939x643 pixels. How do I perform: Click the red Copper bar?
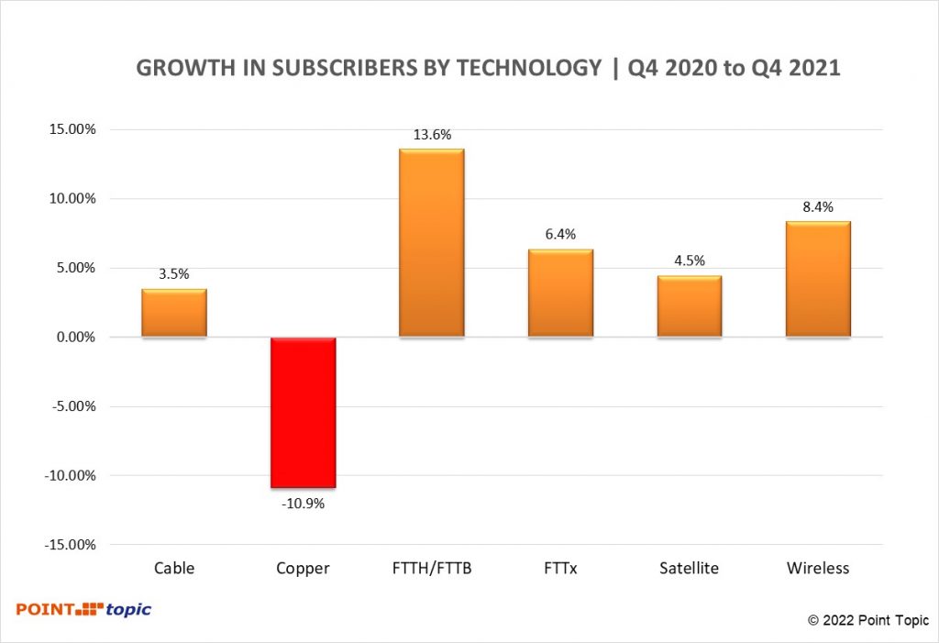coord(303,412)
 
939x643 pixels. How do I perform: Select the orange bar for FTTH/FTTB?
coord(431,243)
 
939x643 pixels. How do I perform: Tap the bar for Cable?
coord(174,314)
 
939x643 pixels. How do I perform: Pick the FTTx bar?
coord(560,294)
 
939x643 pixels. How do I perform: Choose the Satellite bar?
coord(690,306)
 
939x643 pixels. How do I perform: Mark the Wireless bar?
coord(818,280)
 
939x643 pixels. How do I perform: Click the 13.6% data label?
coord(432,135)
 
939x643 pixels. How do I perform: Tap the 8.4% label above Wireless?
coord(818,207)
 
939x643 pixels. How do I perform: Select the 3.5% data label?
coord(174,275)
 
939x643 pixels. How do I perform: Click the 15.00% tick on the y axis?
coord(71,129)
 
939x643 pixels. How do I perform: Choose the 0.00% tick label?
coord(72,338)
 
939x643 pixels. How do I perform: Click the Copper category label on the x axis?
coord(303,568)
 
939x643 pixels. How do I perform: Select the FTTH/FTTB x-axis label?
coord(431,568)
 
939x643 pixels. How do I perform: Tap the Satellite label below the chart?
coord(689,568)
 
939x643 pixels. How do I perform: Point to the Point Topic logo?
coord(83,609)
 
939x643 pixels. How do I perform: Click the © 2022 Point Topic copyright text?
coord(867,620)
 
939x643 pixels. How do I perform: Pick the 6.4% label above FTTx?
coord(560,235)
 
